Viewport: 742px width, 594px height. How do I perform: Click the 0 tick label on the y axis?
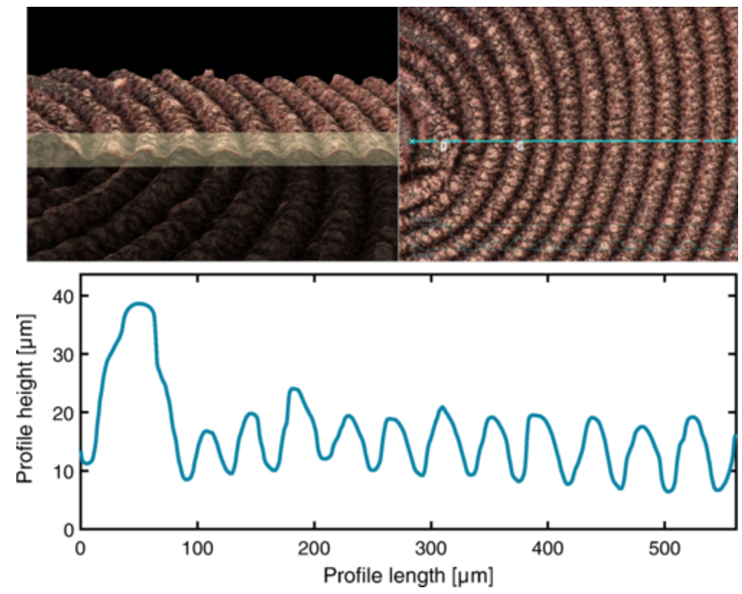point(68,529)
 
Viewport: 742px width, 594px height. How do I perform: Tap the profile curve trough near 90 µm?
point(187,478)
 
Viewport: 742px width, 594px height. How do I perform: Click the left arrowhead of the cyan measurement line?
point(412,142)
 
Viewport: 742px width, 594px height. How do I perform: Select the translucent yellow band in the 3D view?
point(212,149)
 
